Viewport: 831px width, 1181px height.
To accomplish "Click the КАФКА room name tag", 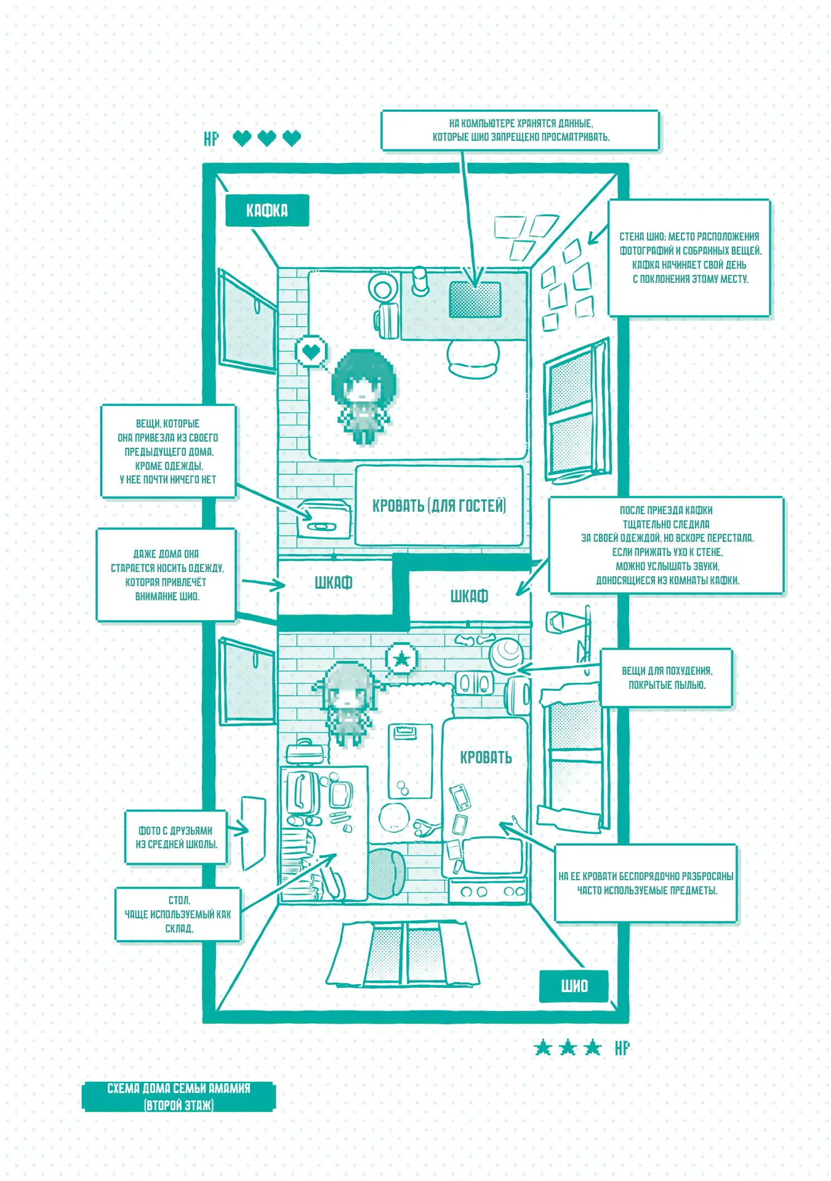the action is coord(267,210).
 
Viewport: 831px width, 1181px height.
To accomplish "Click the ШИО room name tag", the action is coord(574,986).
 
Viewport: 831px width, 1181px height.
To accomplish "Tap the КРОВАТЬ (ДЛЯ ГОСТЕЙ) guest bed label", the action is coord(439,506).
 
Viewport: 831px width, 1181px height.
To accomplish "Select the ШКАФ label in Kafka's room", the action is coord(334,583).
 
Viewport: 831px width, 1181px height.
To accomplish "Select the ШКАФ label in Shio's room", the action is coord(469,596).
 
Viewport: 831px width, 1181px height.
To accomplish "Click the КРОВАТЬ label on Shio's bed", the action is coord(486,757).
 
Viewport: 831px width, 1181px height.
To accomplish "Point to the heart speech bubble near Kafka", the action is coord(311,352).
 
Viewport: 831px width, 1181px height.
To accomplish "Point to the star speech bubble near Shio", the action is coord(401,659).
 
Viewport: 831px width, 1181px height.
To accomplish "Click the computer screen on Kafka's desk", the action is coord(475,300).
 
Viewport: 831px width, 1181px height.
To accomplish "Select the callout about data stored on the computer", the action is coord(520,130).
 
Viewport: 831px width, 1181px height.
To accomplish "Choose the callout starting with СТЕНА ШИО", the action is coord(689,258).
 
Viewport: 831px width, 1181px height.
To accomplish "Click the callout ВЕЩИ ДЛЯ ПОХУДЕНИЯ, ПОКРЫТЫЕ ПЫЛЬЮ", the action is coord(667,678).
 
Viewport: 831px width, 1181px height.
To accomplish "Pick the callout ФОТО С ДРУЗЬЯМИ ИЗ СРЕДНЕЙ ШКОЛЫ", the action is coord(176,837).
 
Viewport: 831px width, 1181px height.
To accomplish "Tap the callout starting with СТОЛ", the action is coord(178,914).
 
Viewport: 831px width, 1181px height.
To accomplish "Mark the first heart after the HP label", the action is coord(243,138).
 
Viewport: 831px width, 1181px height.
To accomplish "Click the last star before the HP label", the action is coord(592,1047).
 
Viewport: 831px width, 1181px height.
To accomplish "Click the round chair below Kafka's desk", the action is coord(473,358).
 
